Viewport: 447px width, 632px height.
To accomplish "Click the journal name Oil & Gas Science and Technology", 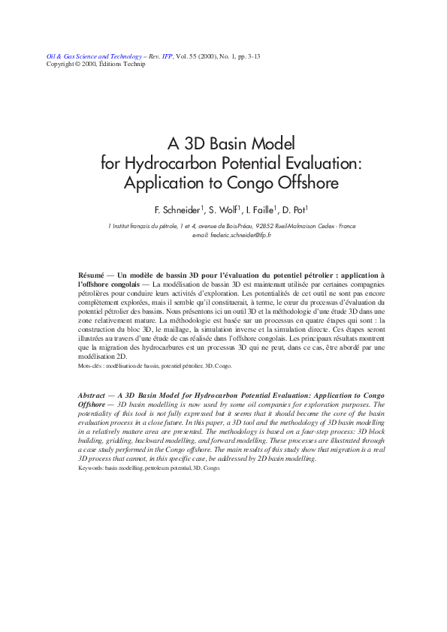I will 94,56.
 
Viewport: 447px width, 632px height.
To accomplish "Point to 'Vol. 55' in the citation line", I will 187,56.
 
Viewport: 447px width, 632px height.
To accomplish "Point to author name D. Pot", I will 298,209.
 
